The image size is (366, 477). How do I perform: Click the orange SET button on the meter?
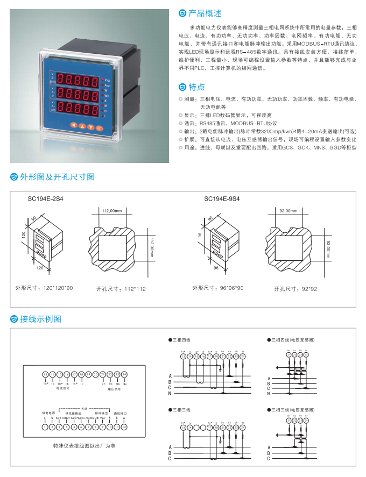point(99,127)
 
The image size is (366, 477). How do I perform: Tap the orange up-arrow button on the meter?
point(82,127)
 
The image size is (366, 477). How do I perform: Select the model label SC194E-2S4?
point(45,198)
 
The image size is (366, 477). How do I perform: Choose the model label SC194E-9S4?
point(222,198)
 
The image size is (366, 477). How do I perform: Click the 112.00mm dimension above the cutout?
point(112,211)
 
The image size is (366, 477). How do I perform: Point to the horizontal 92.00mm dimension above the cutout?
point(288,211)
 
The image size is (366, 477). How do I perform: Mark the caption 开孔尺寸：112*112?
point(121,289)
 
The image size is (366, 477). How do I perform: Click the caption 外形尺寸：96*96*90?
point(218,288)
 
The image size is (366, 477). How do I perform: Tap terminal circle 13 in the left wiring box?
point(45,374)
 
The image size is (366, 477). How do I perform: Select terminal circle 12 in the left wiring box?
point(124,427)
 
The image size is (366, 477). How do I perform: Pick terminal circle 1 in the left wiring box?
point(45,427)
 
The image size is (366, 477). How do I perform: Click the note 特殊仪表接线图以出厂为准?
point(84,446)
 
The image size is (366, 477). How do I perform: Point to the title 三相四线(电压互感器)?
point(293,340)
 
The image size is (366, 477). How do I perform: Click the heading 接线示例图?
point(41,319)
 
